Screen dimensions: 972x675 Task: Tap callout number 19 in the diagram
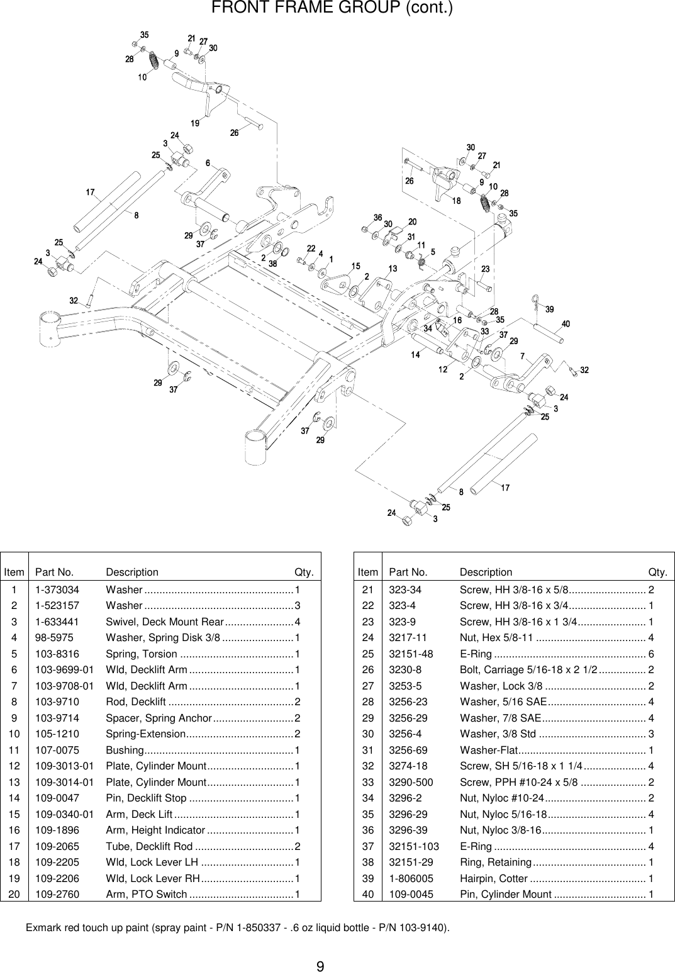point(196,123)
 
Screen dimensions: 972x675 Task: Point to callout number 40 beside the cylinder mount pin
point(566,324)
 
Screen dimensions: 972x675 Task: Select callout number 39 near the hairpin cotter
point(549,309)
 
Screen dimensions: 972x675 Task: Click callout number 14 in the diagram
point(416,355)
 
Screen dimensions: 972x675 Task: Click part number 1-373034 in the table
point(57,589)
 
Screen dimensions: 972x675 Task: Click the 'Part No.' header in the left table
point(55,572)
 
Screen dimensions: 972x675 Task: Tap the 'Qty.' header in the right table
point(658,572)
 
